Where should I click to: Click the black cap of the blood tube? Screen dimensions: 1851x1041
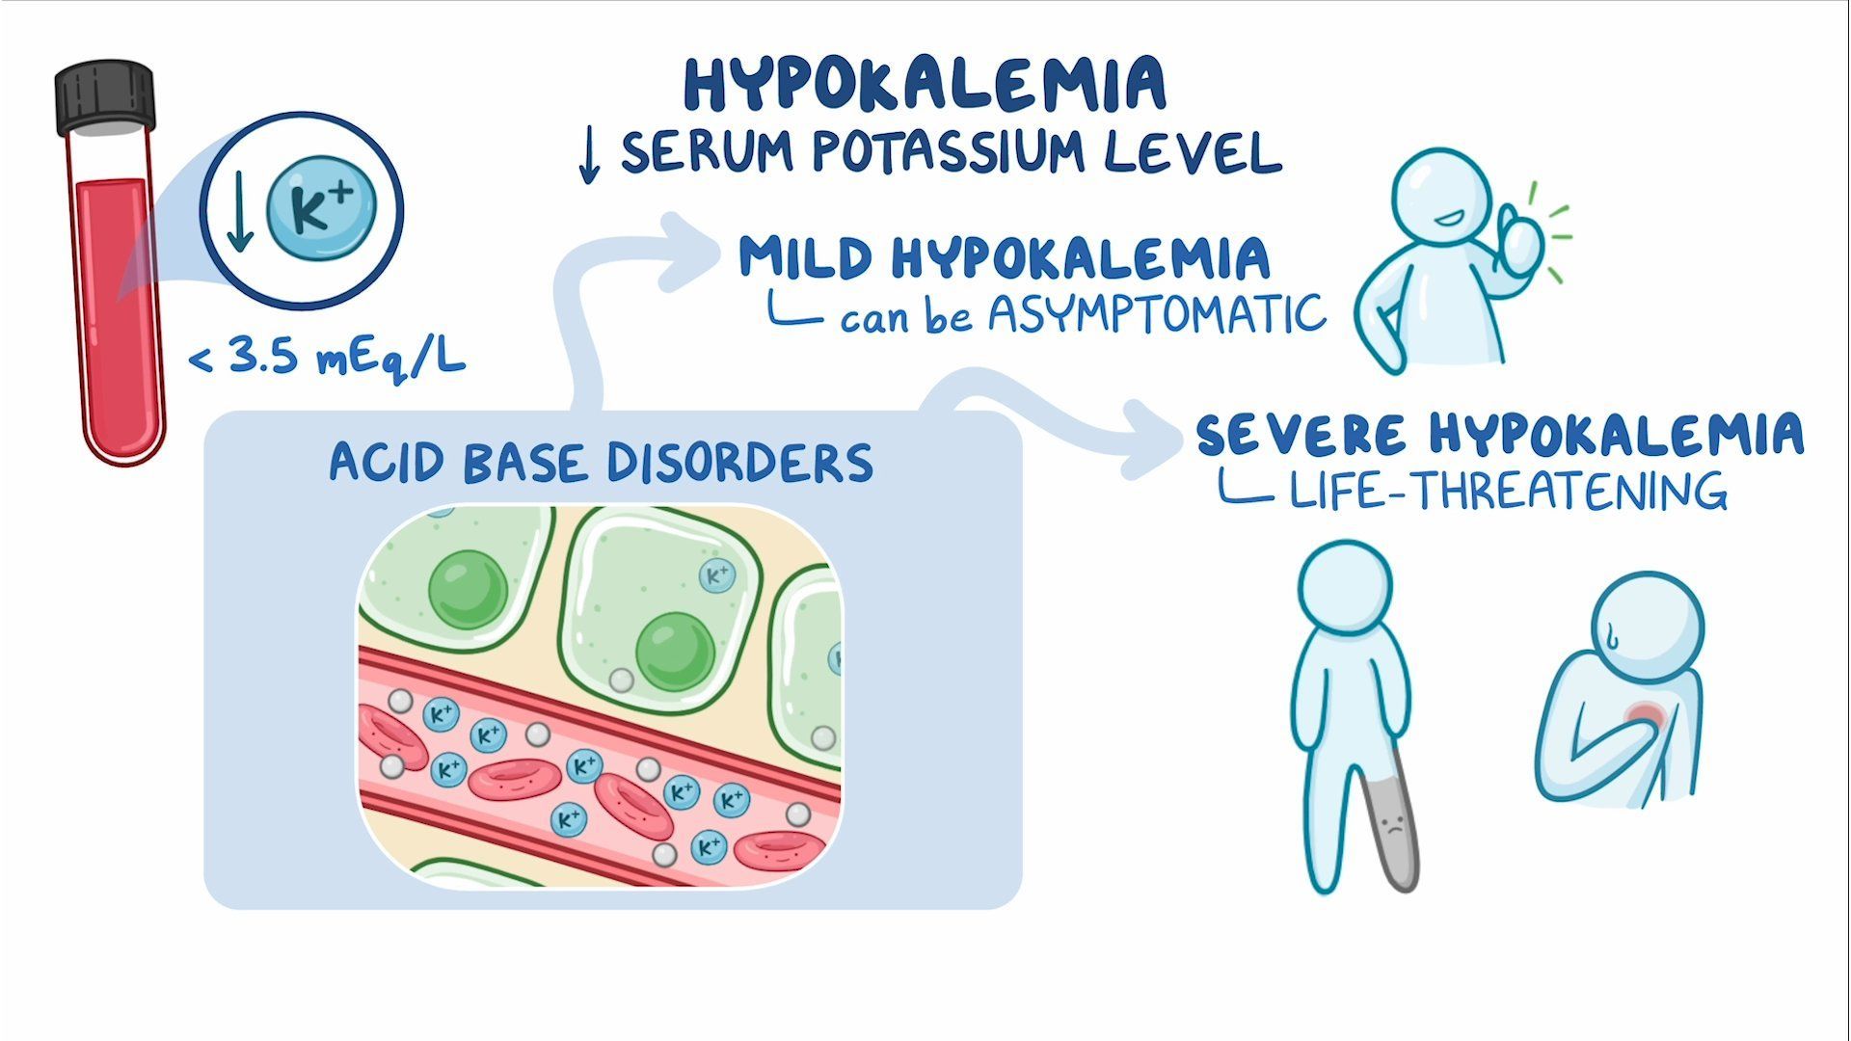point(105,97)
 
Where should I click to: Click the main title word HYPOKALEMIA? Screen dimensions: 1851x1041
point(925,84)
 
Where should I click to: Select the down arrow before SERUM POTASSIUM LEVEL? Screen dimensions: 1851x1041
point(589,156)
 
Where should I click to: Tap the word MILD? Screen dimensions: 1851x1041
point(806,257)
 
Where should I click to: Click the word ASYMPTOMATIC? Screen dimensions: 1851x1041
point(1158,314)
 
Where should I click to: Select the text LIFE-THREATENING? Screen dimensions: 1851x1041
point(1508,490)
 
